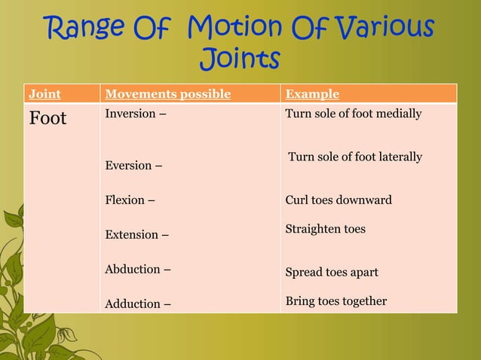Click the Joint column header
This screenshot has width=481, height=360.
point(44,94)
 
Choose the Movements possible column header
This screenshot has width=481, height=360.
point(167,94)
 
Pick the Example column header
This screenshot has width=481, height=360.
point(312,94)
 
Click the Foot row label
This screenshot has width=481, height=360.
point(47,118)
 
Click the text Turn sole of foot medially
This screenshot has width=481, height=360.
point(353,114)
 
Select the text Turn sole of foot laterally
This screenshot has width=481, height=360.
point(355,157)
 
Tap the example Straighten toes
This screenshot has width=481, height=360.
point(326,228)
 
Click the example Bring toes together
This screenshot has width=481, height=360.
point(336,301)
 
